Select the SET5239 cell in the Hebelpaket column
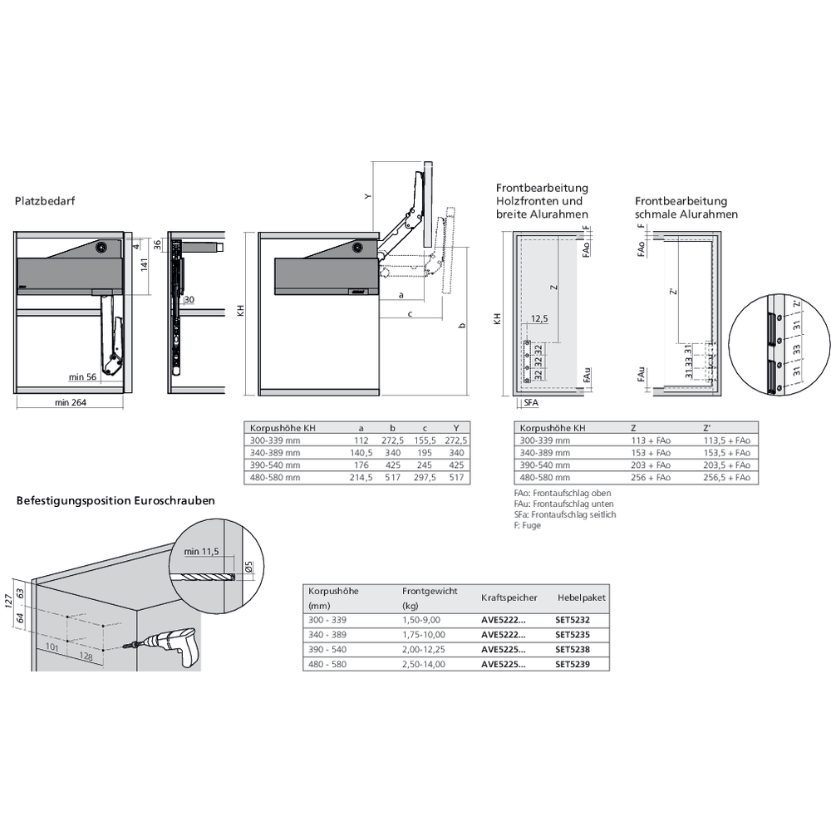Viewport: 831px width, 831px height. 573,664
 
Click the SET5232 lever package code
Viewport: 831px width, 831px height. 573,619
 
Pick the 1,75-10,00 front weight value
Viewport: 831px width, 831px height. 421,634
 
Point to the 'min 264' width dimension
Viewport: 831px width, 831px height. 71,403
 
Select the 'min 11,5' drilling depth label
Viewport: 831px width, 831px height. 201,551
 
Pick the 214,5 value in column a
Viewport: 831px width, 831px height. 361,478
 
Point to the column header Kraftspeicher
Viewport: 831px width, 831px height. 509,597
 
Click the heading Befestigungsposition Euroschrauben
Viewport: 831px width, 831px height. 116,501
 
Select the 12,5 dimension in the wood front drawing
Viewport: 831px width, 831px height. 541,319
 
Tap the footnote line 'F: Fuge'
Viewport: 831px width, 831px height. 528,526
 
